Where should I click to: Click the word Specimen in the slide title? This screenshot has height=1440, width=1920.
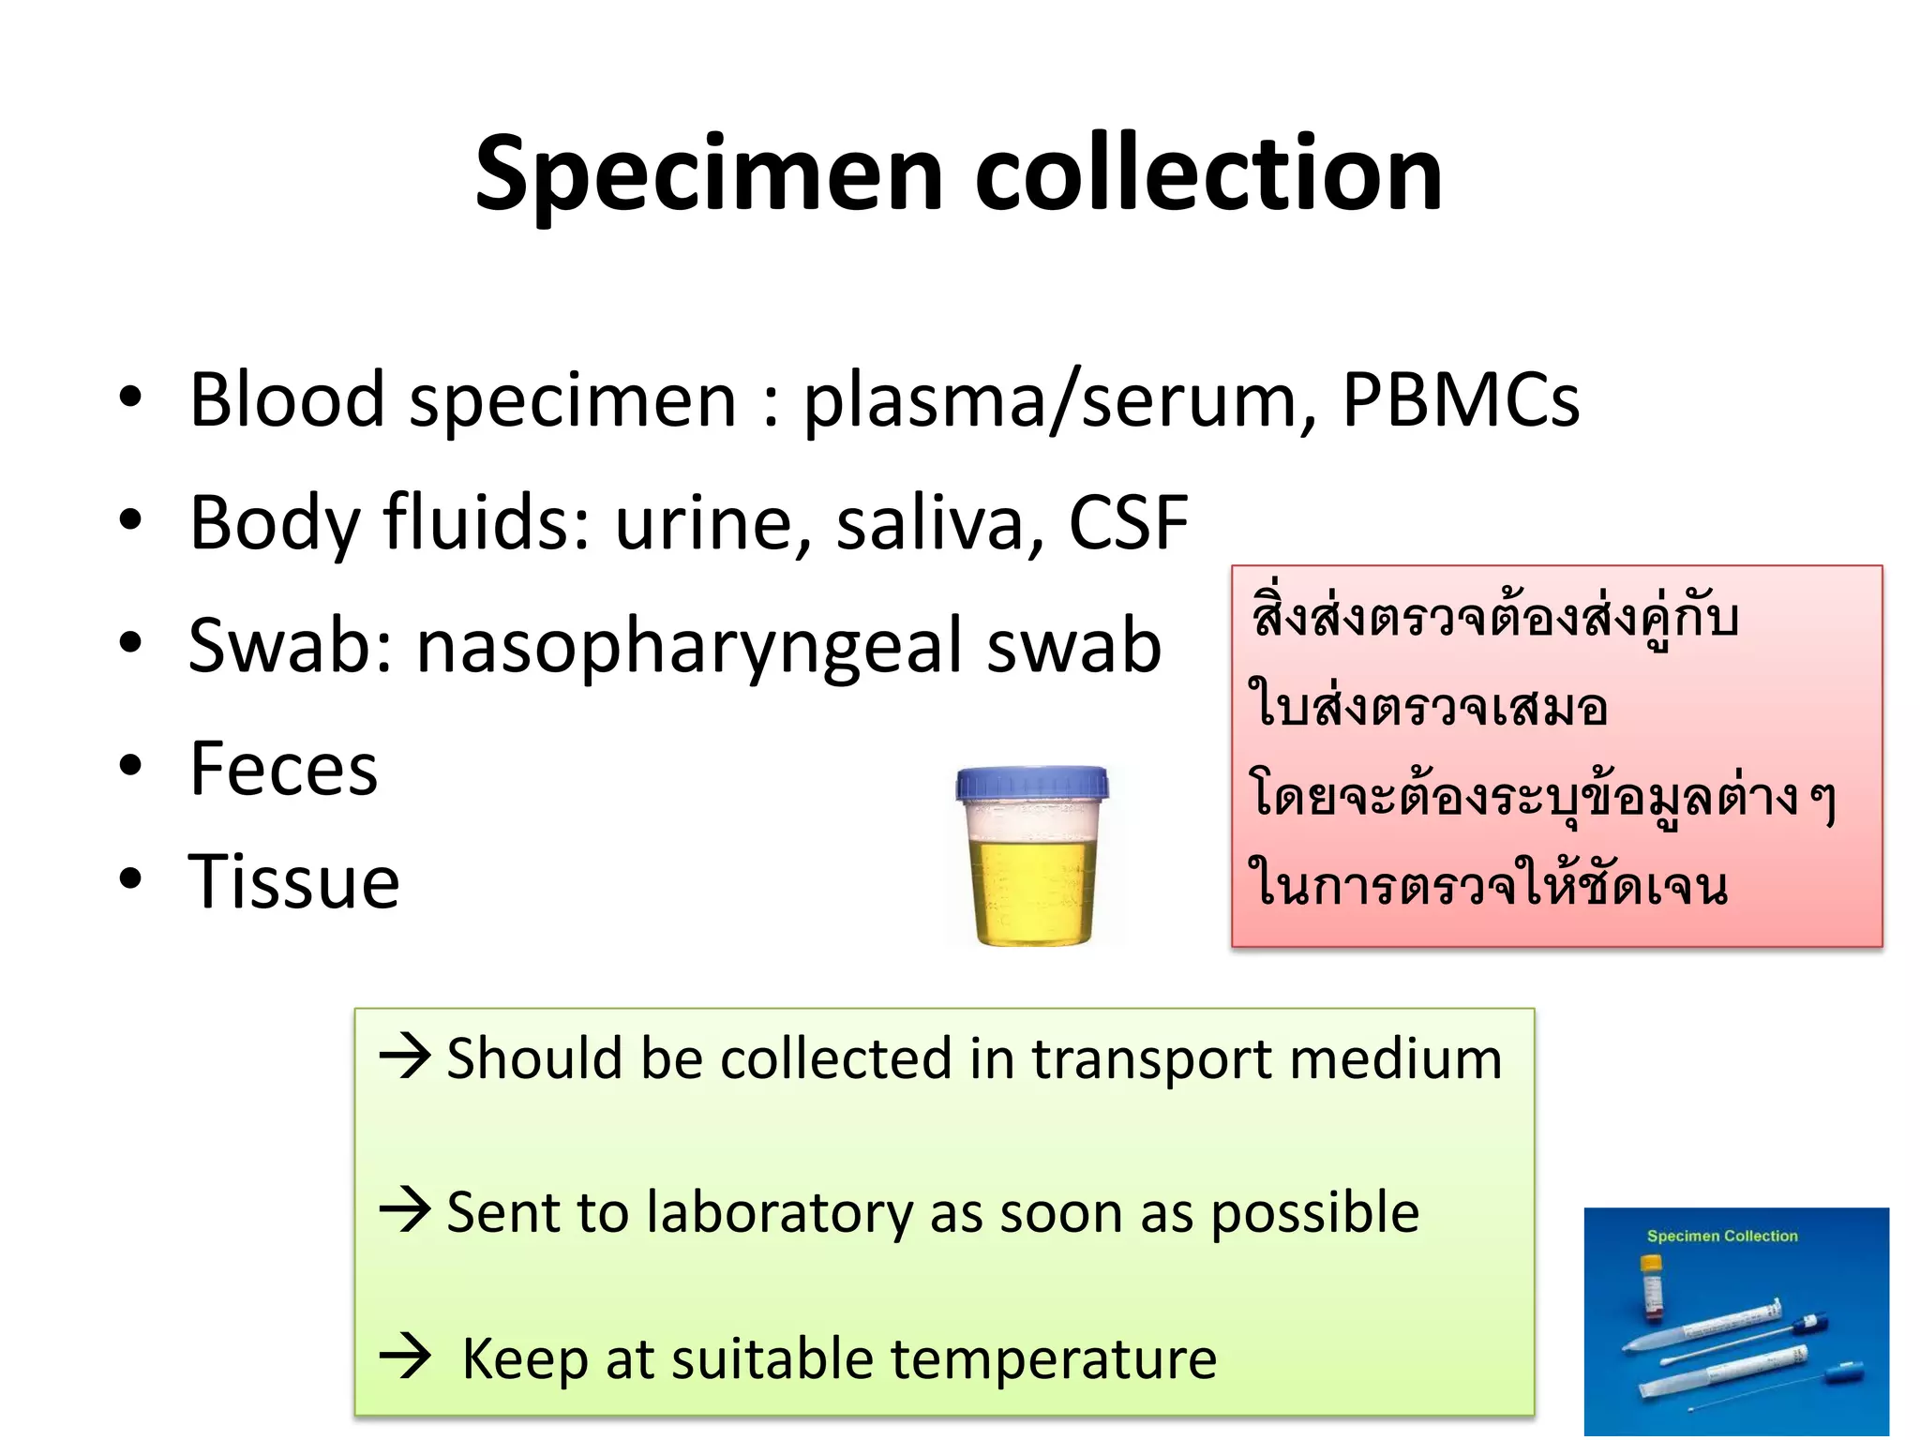click(709, 175)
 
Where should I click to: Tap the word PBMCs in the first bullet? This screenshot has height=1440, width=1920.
click(1461, 400)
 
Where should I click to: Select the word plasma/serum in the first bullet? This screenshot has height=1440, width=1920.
click(1060, 402)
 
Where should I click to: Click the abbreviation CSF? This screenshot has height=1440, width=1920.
click(1129, 522)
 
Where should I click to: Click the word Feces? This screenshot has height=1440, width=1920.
click(283, 769)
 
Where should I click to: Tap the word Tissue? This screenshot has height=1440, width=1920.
click(293, 882)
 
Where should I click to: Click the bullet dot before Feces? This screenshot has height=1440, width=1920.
click(130, 767)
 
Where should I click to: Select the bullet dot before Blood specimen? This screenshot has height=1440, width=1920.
click(130, 397)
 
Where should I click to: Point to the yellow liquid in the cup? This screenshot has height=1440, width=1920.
click(1031, 891)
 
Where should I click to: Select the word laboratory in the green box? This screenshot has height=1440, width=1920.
click(778, 1213)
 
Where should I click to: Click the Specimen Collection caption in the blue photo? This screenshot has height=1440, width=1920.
click(1722, 1236)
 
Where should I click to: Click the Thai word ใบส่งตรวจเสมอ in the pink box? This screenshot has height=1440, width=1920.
click(1428, 707)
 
